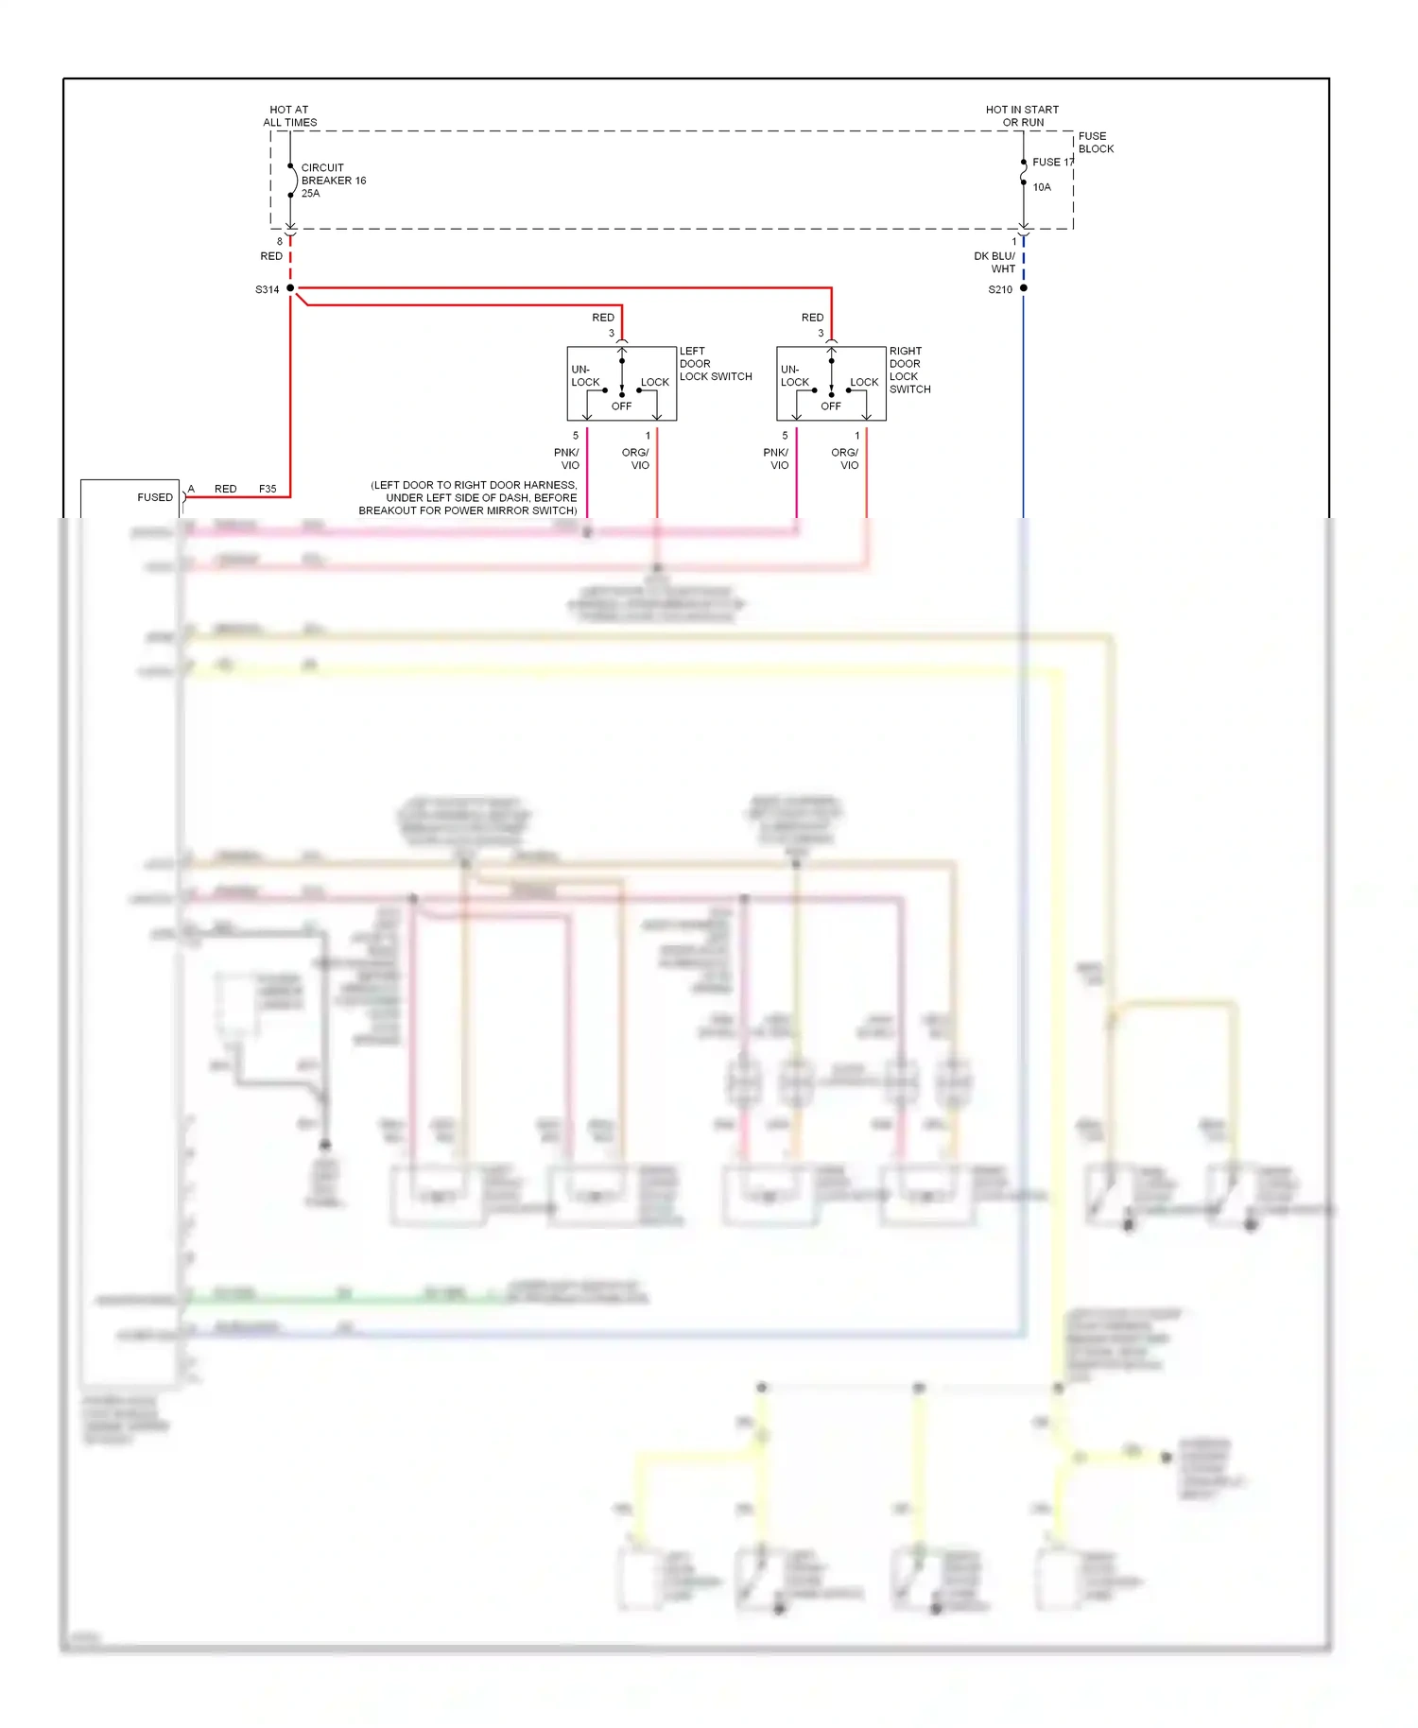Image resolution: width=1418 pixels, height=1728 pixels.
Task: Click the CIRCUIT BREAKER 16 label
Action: click(x=332, y=174)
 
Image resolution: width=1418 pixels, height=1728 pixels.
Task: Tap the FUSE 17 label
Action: click(x=1052, y=162)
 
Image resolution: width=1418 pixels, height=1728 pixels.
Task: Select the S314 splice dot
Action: click(x=290, y=288)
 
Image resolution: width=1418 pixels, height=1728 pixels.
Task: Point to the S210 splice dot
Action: click(x=1023, y=288)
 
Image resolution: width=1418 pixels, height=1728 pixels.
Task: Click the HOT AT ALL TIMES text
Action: click(x=289, y=116)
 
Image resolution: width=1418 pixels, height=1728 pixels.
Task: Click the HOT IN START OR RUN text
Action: click(x=1022, y=116)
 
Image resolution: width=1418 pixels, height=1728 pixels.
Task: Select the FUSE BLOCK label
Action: click(x=1095, y=143)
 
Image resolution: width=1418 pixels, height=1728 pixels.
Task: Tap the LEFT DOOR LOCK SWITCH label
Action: click(x=715, y=364)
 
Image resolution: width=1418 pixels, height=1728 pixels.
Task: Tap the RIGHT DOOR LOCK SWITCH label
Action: click(x=908, y=370)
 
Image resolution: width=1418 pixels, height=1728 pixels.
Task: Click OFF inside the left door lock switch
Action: click(x=621, y=406)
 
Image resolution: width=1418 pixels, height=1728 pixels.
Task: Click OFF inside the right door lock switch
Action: click(x=830, y=406)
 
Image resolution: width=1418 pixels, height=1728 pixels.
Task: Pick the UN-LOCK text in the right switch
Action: click(x=794, y=376)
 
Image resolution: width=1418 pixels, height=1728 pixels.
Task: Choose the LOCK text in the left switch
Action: click(x=654, y=383)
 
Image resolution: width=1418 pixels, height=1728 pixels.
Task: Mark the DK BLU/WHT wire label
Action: click(x=995, y=263)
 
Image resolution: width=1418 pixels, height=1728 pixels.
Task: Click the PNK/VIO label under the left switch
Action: click(x=567, y=458)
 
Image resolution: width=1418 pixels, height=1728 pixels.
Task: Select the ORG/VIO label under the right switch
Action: click(x=845, y=458)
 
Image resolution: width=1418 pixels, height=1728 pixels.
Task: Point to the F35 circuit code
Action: click(x=268, y=489)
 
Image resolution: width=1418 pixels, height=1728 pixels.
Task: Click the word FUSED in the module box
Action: click(x=155, y=497)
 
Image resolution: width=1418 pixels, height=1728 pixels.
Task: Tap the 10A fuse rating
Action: click(x=1041, y=187)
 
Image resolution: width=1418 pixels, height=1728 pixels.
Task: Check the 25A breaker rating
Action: click(x=310, y=194)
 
